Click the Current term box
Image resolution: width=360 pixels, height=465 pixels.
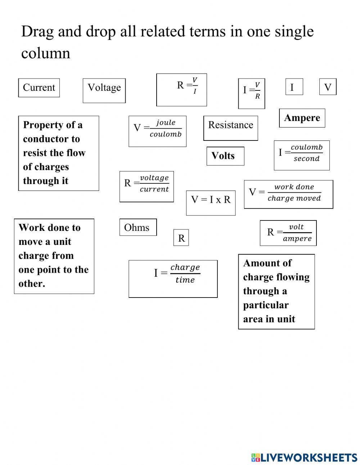(39, 88)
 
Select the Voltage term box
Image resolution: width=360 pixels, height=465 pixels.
(104, 90)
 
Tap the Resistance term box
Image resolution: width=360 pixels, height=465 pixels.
(230, 128)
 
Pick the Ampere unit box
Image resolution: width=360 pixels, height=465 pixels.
(302, 118)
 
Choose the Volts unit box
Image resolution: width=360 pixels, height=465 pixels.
(225, 156)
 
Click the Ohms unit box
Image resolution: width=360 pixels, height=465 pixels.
(138, 227)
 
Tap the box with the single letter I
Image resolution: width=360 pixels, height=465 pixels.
(294, 87)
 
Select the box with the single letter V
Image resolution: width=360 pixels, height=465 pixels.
(328, 87)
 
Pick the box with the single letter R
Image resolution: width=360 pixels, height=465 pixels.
(181, 238)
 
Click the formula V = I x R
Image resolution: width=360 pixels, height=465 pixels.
(211, 203)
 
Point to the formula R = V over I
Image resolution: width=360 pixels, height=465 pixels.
(181, 90)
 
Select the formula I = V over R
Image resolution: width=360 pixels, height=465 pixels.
(251, 93)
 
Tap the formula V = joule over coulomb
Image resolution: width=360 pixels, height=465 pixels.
(157, 131)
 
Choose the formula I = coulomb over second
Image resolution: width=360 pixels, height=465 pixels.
(301, 155)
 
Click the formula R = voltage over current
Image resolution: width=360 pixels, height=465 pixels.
(147, 186)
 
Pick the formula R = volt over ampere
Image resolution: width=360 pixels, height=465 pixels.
(288, 233)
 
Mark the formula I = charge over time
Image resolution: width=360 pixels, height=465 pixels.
(173, 278)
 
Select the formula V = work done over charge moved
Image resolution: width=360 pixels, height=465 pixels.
(288, 194)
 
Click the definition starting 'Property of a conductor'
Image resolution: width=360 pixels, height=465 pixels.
(58, 153)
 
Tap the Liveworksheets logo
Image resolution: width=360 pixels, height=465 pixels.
(304, 457)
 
